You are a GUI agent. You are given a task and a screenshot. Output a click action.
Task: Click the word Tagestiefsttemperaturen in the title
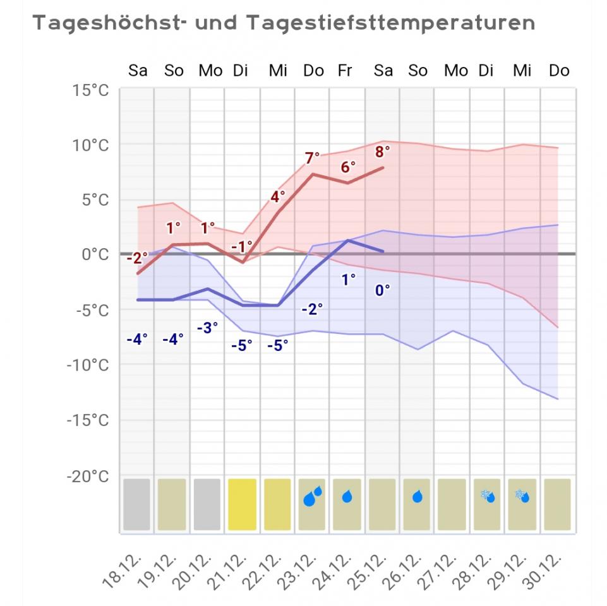[x=390, y=23]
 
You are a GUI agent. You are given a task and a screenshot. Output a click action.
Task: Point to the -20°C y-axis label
[x=88, y=476]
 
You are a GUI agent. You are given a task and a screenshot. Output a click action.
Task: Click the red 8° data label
[x=383, y=151]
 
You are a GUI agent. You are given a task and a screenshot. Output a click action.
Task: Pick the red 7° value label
[x=313, y=158]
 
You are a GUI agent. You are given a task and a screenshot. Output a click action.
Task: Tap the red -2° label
[x=136, y=258]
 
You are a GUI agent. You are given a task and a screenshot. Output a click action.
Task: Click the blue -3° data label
[x=207, y=327]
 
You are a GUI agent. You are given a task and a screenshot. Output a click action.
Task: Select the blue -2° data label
[x=312, y=309]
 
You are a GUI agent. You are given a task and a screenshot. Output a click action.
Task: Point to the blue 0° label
[x=383, y=290]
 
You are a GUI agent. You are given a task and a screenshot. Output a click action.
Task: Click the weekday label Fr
[x=345, y=71]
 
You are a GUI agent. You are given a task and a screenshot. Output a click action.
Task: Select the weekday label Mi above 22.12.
[x=278, y=71]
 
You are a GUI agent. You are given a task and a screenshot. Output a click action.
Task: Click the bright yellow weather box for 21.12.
[x=243, y=504]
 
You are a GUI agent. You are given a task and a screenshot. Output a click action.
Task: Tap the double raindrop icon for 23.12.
[x=312, y=497]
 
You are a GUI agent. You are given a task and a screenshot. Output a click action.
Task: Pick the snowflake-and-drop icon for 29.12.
[x=522, y=496]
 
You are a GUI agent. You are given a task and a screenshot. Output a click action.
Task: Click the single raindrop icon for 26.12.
[x=418, y=497]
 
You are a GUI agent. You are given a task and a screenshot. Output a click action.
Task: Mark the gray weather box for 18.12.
[x=137, y=504]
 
